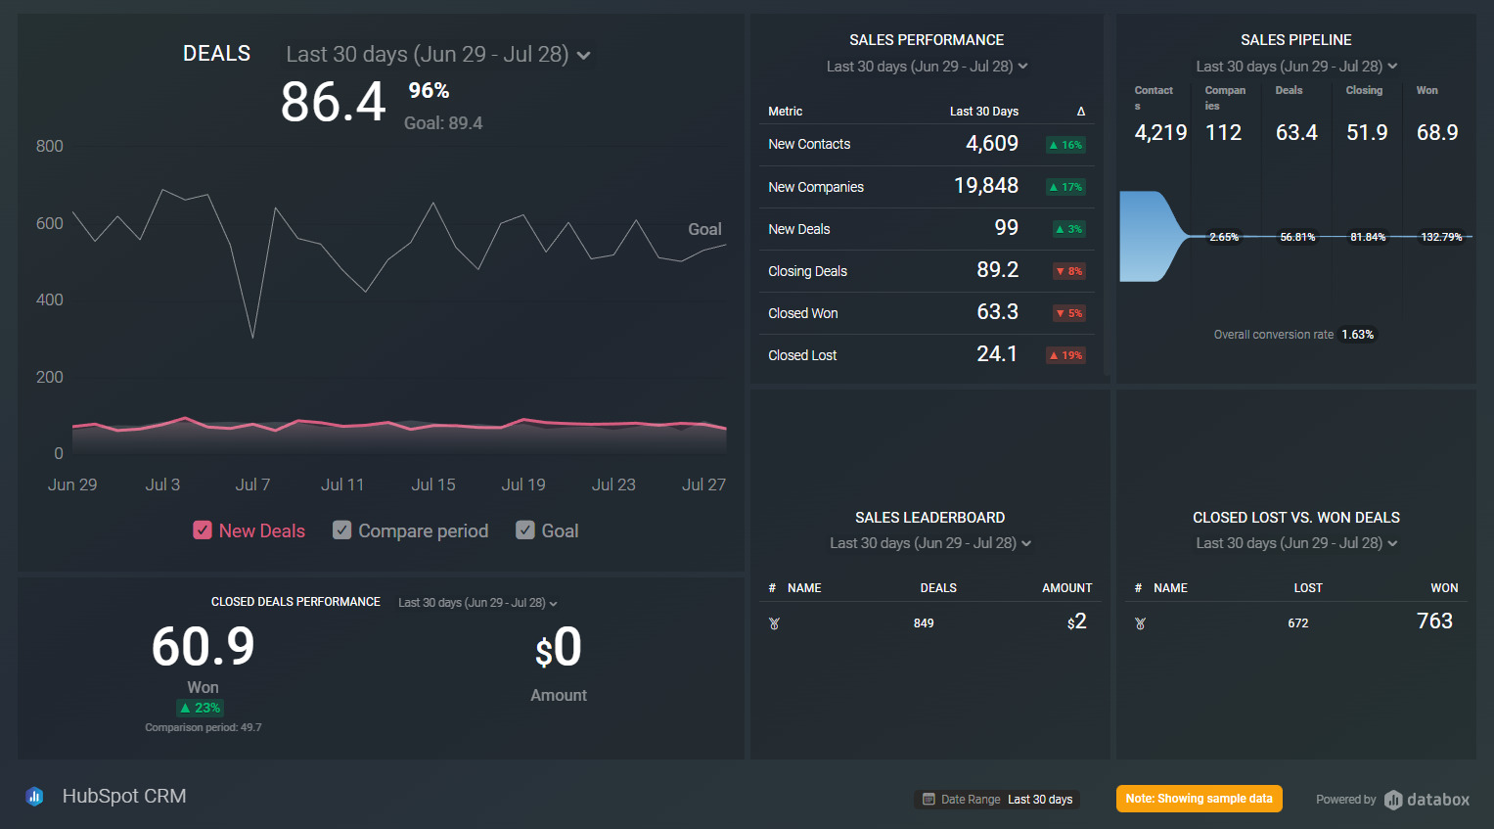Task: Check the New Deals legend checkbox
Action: tap(203, 530)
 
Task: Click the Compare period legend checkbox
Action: tap(341, 530)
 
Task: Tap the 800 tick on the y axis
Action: tap(49, 146)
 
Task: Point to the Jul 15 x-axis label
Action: tap(433, 484)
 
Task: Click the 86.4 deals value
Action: tap(333, 102)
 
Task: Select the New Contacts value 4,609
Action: tap(992, 144)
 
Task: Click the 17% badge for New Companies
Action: tap(1065, 187)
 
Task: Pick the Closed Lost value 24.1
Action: tap(997, 354)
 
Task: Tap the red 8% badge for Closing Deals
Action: tap(1068, 271)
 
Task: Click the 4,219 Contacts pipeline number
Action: tap(1160, 132)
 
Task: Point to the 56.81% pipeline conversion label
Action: tap(1297, 237)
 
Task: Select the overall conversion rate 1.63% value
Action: tap(1357, 335)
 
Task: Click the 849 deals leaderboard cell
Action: tap(924, 623)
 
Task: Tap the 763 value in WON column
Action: tap(1434, 621)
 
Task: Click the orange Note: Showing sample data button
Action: tap(1199, 799)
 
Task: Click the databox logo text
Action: tap(1437, 800)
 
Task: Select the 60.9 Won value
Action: tap(203, 647)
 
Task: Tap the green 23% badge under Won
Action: tap(201, 708)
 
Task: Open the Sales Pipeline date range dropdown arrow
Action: tap(1392, 67)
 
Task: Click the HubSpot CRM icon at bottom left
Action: tap(34, 797)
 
